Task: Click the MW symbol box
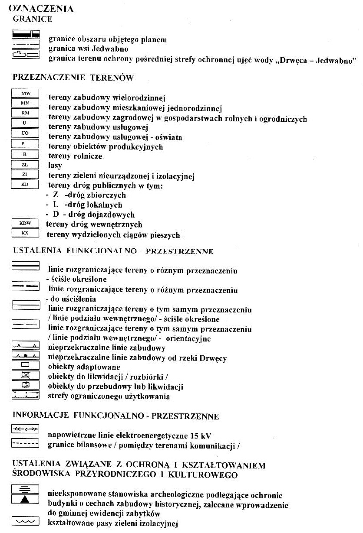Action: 25,94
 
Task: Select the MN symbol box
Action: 25,103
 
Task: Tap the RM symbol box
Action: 25,113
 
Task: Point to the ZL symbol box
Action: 25,165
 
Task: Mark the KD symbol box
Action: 25,185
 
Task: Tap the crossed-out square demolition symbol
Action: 25,375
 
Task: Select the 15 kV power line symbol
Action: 25,428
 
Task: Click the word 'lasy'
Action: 55,165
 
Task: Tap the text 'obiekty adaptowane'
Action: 79,367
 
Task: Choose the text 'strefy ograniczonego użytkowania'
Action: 109,396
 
